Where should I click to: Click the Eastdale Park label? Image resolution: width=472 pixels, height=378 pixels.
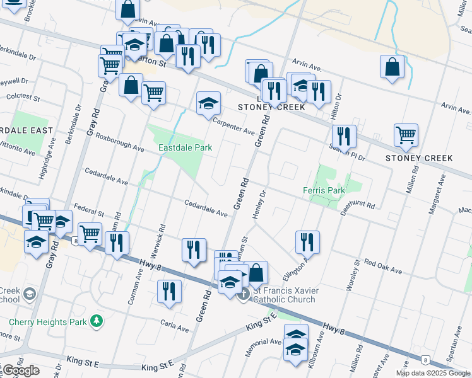[x=185, y=148]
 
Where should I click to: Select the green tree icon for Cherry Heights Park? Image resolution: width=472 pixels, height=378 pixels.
[x=96, y=321]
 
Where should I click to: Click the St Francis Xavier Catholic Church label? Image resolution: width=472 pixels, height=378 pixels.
[x=285, y=294]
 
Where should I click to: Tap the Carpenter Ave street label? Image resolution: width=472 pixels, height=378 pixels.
[x=233, y=127]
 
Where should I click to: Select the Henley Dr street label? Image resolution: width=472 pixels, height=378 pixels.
[x=257, y=207]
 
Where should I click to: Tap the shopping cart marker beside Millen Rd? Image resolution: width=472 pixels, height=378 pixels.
[x=406, y=134]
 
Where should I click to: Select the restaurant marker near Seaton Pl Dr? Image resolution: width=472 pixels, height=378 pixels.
[x=344, y=135]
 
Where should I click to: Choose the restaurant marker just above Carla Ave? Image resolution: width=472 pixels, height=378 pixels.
[x=169, y=292]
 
